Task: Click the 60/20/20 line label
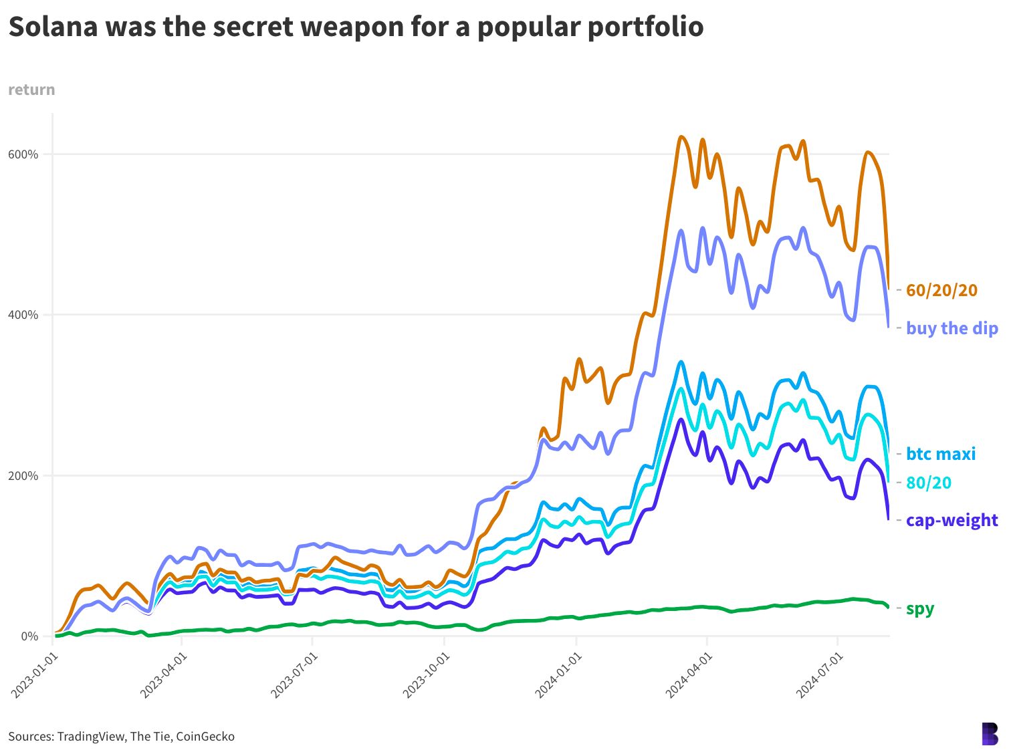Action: [x=941, y=290]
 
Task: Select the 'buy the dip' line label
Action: [x=951, y=328]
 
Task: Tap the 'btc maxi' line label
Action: [x=940, y=454]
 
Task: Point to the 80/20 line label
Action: [x=928, y=483]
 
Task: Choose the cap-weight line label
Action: [x=951, y=520]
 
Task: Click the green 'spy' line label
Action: [x=919, y=608]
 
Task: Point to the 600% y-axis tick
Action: [x=23, y=154]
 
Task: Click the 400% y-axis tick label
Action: [x=23, y=315]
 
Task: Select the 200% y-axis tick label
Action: [x=23, y=476]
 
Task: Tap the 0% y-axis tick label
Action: [x=29, y=636]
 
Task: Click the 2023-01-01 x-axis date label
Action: [x=35, y=676]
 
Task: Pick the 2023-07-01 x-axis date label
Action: [x=295, y=676]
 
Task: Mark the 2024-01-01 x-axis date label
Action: [x=559, y=676]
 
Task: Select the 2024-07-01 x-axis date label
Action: [x=820, y=676]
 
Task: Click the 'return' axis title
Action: [x=31, y=90]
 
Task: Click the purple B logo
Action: [x=990, y=733]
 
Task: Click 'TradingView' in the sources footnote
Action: [x=91, y=737]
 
